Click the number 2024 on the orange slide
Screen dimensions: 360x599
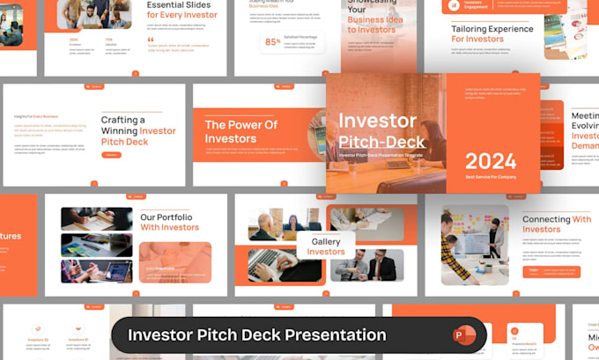[x=491, y=161]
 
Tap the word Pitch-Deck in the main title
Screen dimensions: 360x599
[x=381, y=141]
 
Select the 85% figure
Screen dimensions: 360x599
[x=272, y=40]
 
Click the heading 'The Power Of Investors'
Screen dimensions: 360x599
[x=240, y=131]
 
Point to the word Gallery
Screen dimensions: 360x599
[x=326, y=241]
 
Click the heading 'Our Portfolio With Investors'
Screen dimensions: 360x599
[x=169, y=221]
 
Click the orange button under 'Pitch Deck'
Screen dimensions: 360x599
[x=112, y=155]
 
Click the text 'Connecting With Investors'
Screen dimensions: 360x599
[x=556, y=224]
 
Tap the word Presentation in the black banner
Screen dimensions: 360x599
[x=333, y=335]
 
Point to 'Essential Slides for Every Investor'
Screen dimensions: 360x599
[x=183, y=10]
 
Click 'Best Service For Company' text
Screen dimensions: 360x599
[x=491, y=178]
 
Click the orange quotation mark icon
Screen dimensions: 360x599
[x=151, y=39]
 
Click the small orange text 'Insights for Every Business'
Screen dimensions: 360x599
[x=36, y=115]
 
